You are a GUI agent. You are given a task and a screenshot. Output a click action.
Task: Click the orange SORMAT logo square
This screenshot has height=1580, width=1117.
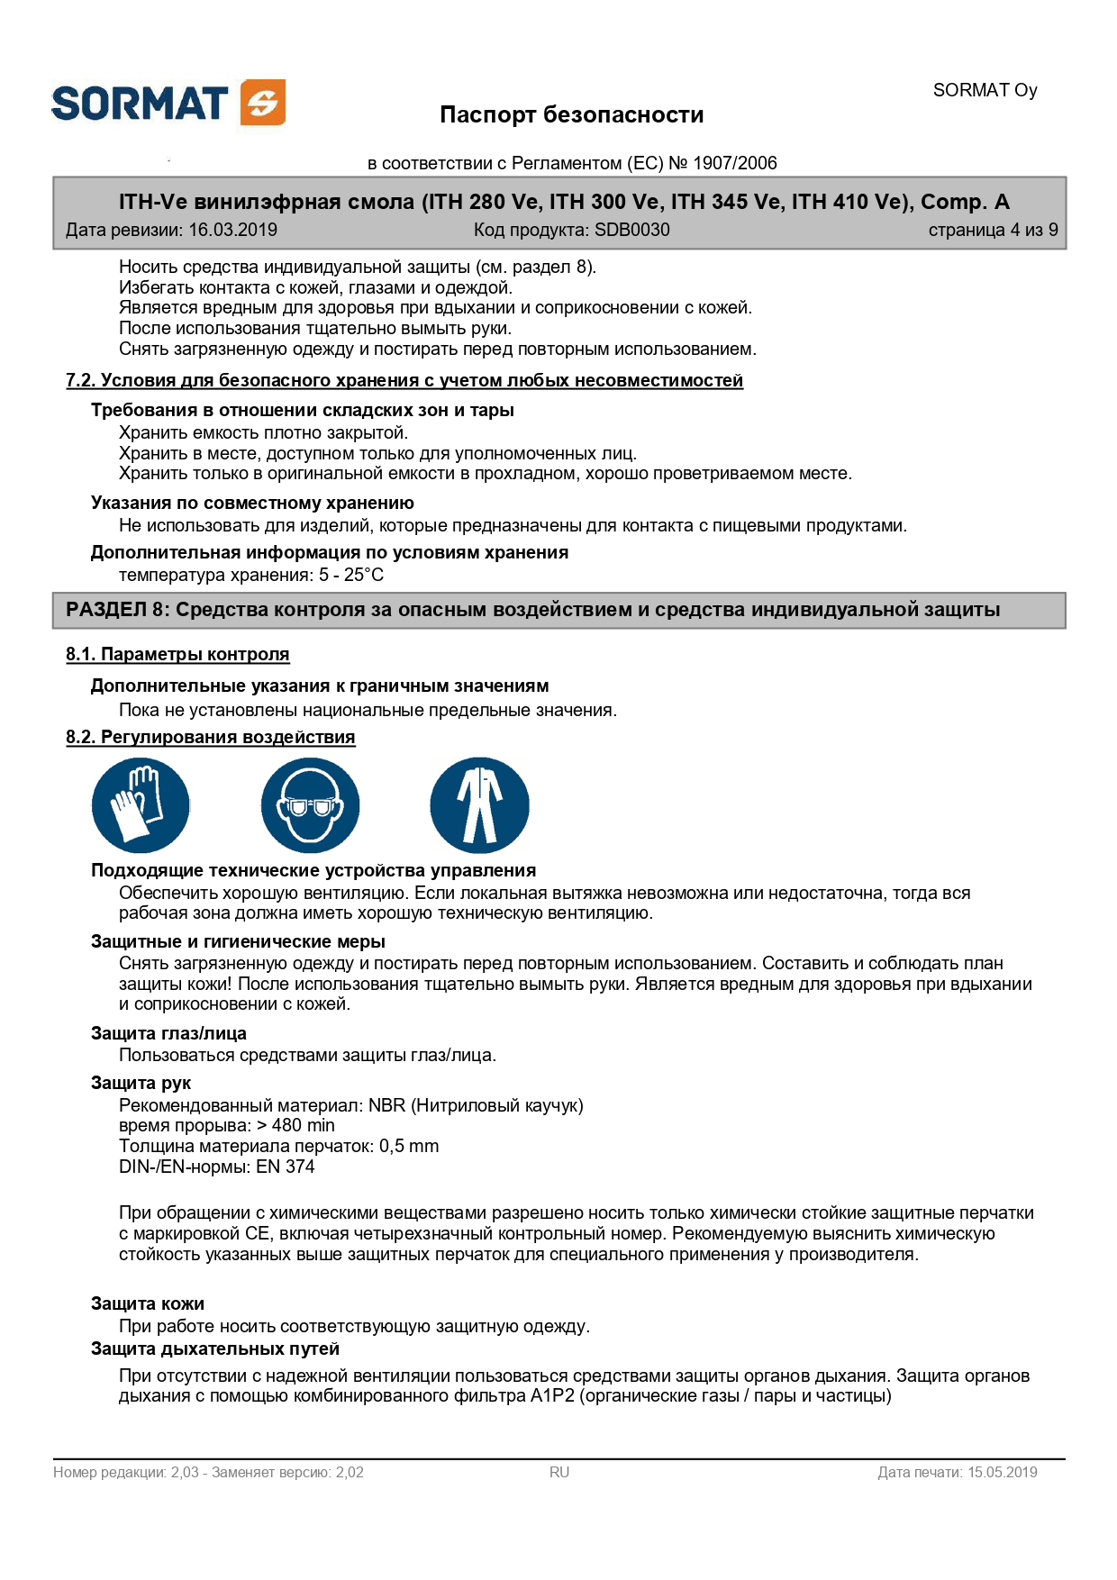pyautogui.click(x=263, y=102)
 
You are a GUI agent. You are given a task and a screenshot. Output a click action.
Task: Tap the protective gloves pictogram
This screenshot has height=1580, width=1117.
pyautogui.click(x=141, y=804)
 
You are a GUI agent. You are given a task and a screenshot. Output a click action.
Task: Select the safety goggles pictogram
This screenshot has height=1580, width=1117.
pyautogui.click(x=310, y=804)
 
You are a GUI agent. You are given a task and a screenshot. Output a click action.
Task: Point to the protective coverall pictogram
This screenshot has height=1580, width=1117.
pyautogui.click(x=479, y=804)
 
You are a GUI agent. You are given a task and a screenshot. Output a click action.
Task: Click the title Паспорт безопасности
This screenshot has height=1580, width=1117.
pyautogui.click(x=571, y=114)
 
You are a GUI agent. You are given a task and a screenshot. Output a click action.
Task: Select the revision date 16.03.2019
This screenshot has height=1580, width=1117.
pyautogui.click(x=232, y=230)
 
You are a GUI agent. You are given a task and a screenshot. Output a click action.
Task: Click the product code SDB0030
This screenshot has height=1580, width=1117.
pyautogui.click(x=631, y=230)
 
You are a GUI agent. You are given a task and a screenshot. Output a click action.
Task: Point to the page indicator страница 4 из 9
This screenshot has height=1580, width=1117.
pyautogui.click(x=993, y=230)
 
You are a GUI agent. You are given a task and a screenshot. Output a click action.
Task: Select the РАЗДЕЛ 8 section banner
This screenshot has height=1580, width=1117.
pyautogui.click(x=558, y=610)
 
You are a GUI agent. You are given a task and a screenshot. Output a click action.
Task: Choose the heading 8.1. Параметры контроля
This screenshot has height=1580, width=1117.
pyautogui.click(x=177, y=654)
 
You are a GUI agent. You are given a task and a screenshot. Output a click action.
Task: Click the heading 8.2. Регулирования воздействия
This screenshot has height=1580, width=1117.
pyautogui.click(x=210, y=737)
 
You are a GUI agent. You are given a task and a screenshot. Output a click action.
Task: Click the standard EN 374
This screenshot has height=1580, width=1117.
pyautogui.click(x=286, y=1167)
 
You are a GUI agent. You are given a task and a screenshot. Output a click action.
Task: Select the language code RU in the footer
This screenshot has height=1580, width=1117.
pyautogui.click(x=559, y=1472)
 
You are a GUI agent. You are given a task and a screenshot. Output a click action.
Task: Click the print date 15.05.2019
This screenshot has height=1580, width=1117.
pyautogui.click(x=1002, y=1472)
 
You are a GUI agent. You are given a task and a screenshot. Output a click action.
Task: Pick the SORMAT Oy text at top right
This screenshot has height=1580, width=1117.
pyautogui.click(x=985, y=90)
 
